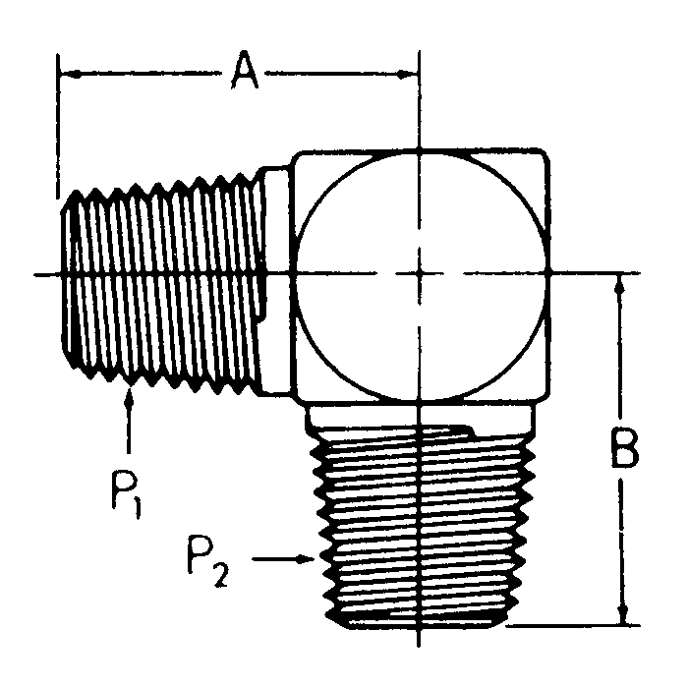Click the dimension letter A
[x=245, y=73]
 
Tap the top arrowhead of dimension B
[x=620, y=285]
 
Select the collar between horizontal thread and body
[x=276, y=274]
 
